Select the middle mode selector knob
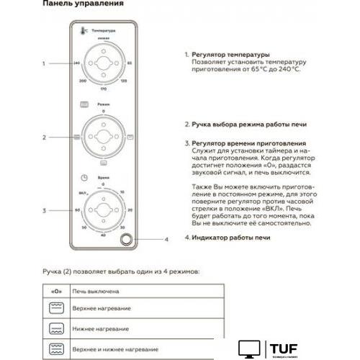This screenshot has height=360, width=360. pos(104,136)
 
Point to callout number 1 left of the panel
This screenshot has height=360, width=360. pos(44,63)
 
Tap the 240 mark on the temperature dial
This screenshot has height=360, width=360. pos(76,64)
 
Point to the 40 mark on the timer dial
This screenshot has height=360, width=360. pos(104,235)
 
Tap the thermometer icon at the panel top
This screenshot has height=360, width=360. pos(84,32)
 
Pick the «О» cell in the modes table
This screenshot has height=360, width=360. pos(55,292)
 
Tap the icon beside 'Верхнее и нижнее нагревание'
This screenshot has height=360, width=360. pos(55,348)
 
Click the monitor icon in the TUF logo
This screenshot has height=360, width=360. pos(248,348)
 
